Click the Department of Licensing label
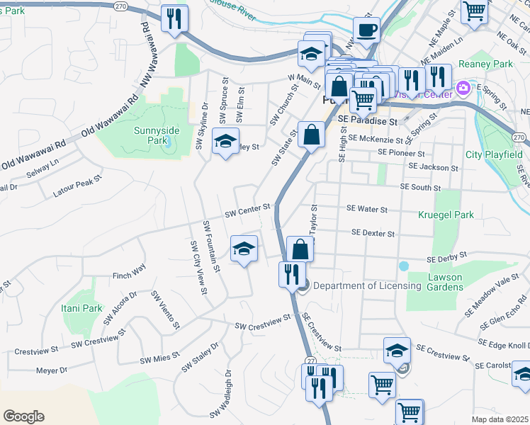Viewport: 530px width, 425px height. pos(367,286)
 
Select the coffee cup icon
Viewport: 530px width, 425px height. pos(367,31)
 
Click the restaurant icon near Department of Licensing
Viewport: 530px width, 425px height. pos(292,273)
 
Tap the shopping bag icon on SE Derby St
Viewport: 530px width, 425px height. pos(300,249)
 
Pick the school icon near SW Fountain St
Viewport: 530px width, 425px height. pos(244,249)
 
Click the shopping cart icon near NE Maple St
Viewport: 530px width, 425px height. pos(474,11)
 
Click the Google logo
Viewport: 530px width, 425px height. pos(23,416)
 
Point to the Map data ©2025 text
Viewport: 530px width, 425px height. pos(500,419)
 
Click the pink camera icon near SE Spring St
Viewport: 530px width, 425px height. pos(463,89)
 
